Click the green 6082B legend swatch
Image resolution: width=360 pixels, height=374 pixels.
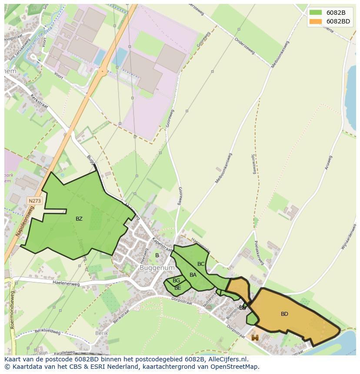point(316,13)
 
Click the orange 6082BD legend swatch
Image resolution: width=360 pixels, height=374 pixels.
point(316,21)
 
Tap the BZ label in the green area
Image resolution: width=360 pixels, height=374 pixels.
point(79,219)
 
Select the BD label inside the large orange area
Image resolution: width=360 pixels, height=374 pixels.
point(284,314)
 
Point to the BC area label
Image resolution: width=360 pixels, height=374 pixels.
point(201,264)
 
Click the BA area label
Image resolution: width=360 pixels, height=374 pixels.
point(193,275)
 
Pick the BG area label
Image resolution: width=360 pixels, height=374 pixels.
point(176,281)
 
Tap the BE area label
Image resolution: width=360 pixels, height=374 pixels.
point(177,288)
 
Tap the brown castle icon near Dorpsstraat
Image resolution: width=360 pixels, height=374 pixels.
point(255,338)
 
